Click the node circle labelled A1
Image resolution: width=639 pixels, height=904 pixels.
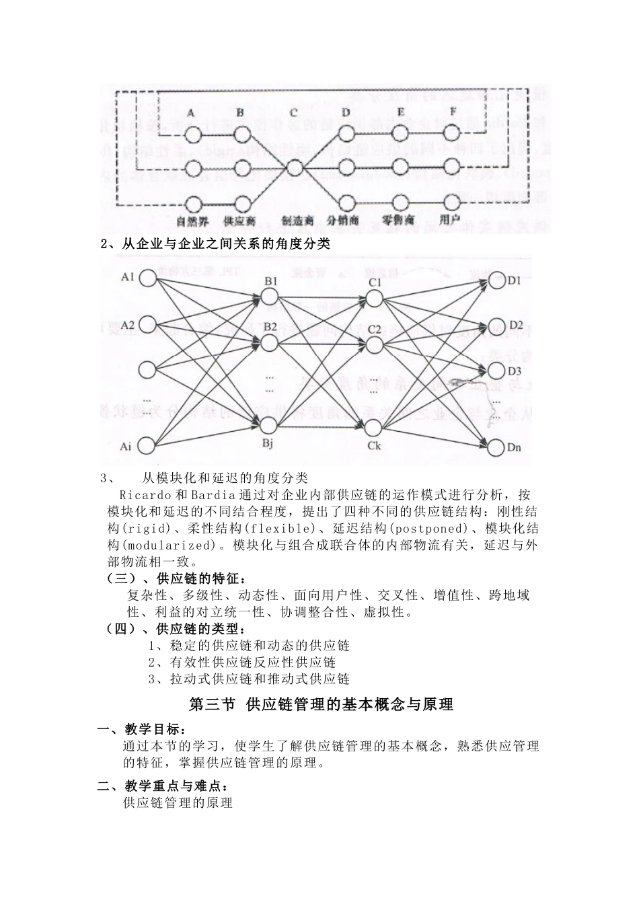[x=147, y=278]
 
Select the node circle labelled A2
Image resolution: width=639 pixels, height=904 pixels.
[x=147, y=326]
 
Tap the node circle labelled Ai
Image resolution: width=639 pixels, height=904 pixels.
[x=147, y=445]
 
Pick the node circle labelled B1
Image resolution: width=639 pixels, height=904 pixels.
[x=269, y=297]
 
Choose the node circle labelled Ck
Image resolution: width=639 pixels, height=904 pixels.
[x=374, y=428]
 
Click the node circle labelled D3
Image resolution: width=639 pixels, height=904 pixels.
[x=496, y=370]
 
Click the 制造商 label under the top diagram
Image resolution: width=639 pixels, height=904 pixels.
[x=297, y=221]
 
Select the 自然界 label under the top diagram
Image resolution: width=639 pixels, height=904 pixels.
[x=193, y=221]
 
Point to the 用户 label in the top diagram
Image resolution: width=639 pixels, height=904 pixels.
[x=449, y=219]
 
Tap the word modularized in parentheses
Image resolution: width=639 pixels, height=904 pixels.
[x=174, y=545]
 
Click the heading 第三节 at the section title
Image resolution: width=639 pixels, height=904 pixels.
[x=213, y=704]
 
